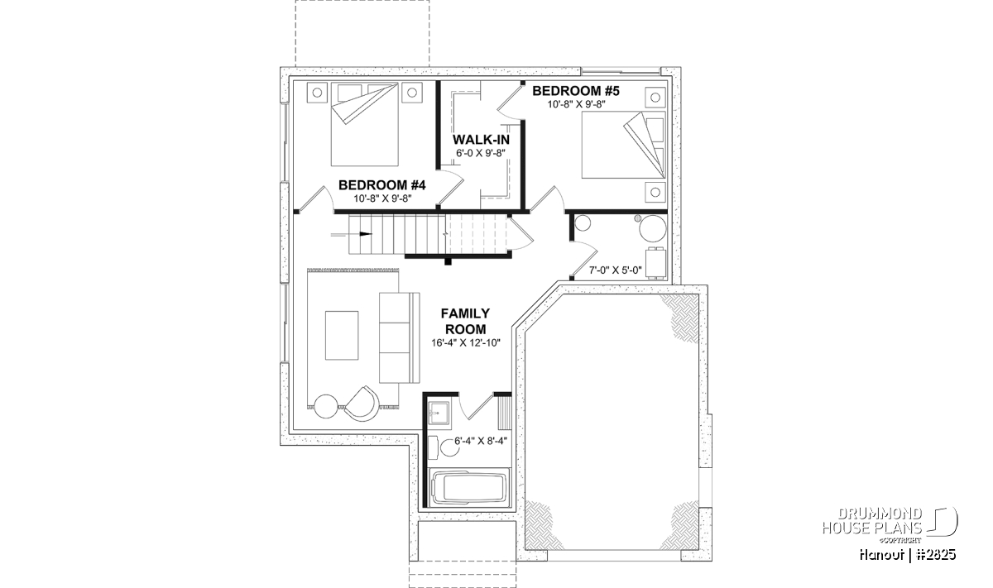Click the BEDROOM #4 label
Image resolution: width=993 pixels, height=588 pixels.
point(381,184)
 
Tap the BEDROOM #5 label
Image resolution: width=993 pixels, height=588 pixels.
point(576,91)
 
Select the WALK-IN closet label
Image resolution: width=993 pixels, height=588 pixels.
point(481,140)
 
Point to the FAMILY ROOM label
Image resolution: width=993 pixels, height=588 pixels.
point(465,321)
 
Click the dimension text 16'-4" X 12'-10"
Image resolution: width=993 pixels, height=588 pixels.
point(466,342)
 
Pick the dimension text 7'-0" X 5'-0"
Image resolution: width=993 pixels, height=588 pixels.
point(616,270)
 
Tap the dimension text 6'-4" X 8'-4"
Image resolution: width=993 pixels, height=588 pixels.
point(481,441)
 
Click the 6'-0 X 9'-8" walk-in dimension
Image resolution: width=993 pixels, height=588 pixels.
point(481,152)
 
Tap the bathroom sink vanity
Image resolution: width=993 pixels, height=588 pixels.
point(439,414)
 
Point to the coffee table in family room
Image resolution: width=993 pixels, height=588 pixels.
point(342,335)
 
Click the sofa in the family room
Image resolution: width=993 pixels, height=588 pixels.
point(399,337)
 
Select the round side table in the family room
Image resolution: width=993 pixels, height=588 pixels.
point(326,406)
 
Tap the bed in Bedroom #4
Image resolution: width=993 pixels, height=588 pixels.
point(364,125)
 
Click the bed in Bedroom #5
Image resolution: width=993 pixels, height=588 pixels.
point(624,145)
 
